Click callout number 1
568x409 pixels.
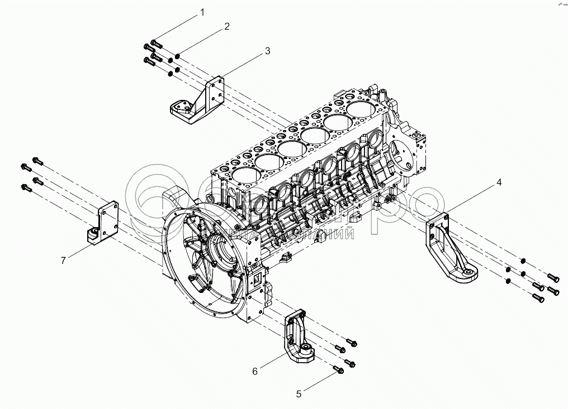[203, 12]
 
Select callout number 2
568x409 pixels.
[227, 26]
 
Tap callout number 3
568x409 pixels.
[267, 51]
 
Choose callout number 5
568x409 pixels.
[299, 394]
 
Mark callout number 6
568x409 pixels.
[254, 371]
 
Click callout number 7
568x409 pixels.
[64, 259]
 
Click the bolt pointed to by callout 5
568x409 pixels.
[337, 369]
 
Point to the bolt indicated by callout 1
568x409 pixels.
[156, 43]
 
